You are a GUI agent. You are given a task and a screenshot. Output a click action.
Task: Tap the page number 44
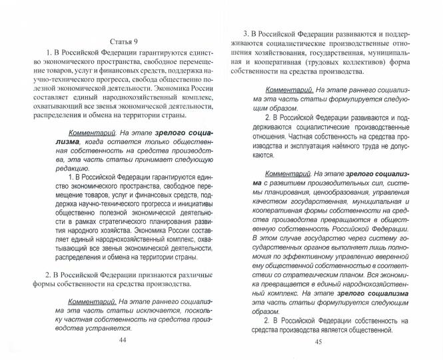[121, 340]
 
